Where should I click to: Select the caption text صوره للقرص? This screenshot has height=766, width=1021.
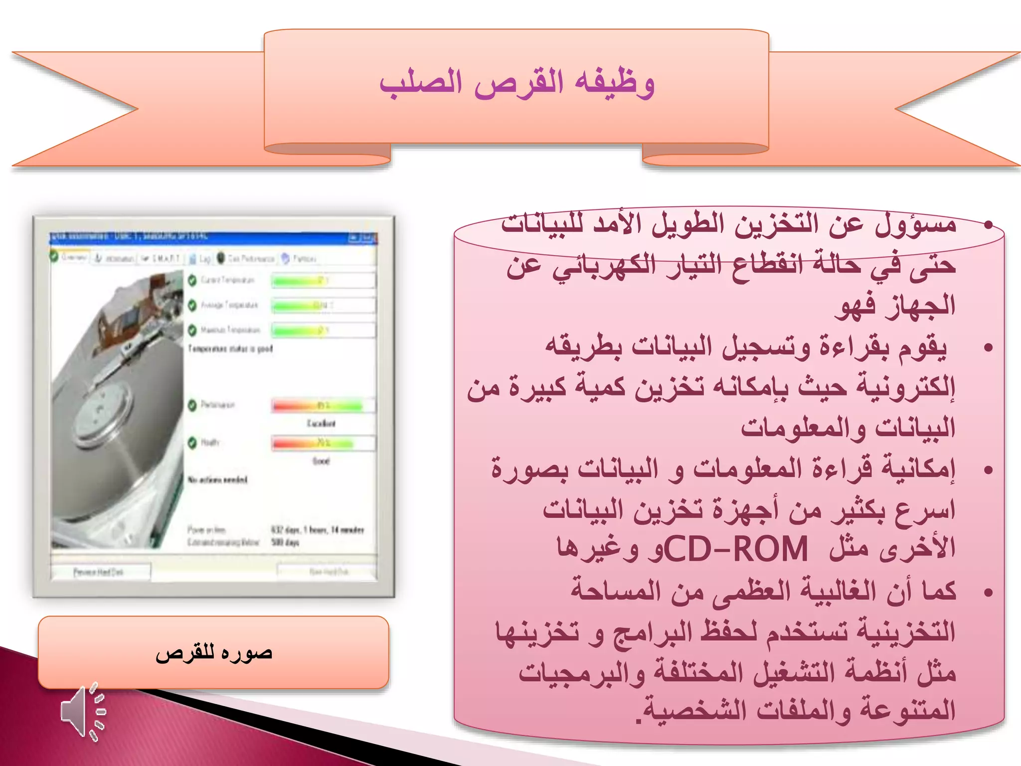(x=214, y=653)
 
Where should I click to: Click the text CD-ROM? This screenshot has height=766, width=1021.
(x=736, y=549)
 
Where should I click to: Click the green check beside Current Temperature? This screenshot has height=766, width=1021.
(x=192, y=280)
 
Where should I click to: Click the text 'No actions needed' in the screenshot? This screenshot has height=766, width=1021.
(x=217, y=480)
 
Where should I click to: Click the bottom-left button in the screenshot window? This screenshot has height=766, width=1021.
(x=100, y=572)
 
